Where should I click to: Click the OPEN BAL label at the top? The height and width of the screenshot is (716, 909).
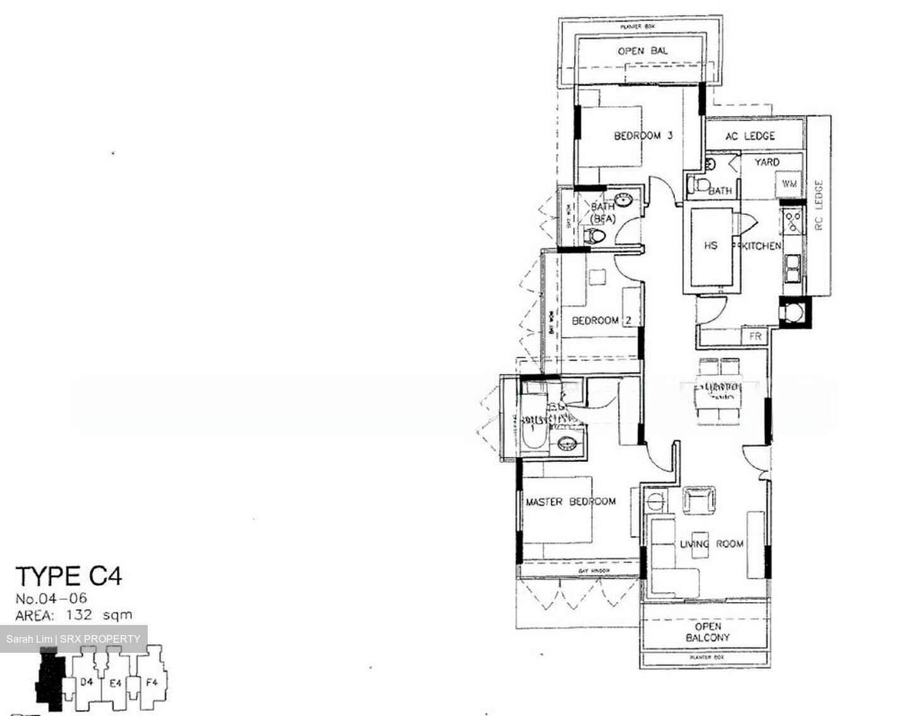(x=642, y=51)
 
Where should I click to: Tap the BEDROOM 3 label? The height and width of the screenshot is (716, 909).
(x=643, y=135)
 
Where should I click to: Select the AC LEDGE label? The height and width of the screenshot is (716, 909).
(x=750, y=136)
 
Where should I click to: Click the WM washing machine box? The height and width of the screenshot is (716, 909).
(x=789, y=184)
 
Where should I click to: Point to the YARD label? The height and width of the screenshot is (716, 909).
(x=767, y=162)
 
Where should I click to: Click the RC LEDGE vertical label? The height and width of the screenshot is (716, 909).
(x=819, y=205)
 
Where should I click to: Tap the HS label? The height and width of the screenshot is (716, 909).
(x=711, y=245)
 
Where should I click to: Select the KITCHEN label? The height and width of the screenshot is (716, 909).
(x=761, y=245)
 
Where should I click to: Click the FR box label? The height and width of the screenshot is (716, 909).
(x=755, y=336)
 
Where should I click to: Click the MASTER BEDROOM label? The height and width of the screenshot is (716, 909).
(x=571, y=502)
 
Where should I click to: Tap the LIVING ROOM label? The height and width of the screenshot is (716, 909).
(x=711, y=543)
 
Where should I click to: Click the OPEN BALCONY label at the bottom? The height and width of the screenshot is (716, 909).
(x=707, y=632)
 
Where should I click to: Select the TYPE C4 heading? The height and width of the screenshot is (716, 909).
(x=69, y=576)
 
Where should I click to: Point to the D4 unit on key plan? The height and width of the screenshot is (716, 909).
(x=87, y=682)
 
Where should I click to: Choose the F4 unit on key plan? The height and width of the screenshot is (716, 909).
(x=151, y=682)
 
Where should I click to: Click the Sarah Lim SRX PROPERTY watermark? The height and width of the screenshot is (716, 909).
(x=73, y=639)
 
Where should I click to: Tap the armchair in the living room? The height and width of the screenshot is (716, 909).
(x=699, y=500)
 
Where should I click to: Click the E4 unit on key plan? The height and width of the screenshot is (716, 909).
(x=116, y=682)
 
